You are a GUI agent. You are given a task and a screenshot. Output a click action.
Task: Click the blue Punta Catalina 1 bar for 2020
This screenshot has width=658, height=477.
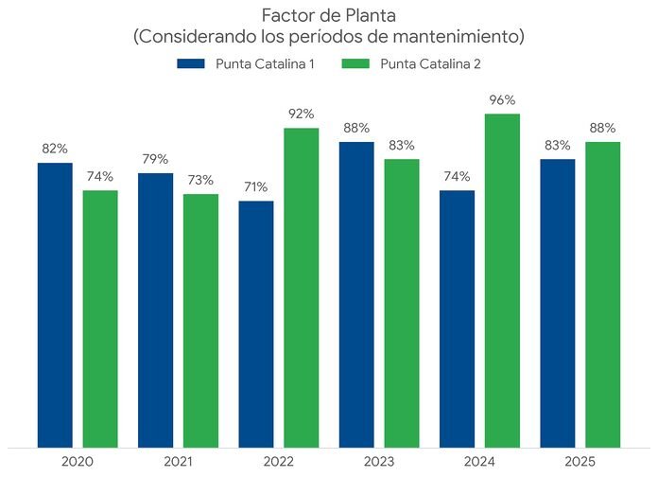click(55, 304)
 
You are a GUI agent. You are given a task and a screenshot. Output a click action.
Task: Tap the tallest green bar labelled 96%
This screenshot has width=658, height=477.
click(502, 280)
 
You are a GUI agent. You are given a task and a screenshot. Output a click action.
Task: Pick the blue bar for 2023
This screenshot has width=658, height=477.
click(355, 293)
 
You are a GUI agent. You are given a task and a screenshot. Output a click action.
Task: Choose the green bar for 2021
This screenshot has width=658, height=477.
click(200, 320)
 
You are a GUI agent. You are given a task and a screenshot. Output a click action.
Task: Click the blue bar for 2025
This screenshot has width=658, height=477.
click(557, 302)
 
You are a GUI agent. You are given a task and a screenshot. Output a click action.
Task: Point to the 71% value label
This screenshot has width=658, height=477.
click(255, 186)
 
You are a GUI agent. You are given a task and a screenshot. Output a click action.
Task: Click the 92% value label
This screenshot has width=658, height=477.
click(302, 114)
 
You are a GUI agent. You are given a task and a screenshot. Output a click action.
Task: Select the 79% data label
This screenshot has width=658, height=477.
click(155, 159)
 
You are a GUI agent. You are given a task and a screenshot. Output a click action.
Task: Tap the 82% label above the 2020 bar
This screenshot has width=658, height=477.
click(55, 149)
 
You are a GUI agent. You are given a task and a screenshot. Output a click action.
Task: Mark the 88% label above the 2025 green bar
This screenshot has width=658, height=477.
click(602, 128)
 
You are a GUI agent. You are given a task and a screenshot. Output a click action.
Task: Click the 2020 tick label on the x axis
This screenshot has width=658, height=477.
click(78, 461)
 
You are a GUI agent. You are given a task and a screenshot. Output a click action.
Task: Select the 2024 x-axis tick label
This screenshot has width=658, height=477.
click(479, 461)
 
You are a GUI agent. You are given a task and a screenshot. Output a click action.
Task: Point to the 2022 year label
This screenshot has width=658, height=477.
click(278, 461)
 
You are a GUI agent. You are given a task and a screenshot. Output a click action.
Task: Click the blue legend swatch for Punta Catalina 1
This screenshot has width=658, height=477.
click(190, 63)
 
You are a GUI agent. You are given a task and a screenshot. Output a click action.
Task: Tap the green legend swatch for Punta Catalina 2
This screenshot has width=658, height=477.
click(354, 63)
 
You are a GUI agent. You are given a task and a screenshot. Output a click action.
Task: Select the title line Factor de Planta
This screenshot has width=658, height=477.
click(328, 16)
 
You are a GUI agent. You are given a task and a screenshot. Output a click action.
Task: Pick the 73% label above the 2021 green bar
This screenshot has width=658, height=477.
click(200, 180)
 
